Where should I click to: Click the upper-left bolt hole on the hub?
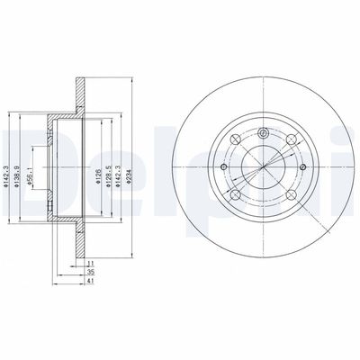[234, 139]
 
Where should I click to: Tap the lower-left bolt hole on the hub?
[234, 195]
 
